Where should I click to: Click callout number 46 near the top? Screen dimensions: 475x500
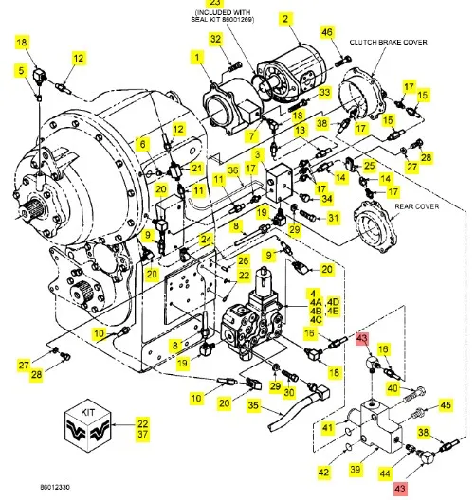tap(326, 32)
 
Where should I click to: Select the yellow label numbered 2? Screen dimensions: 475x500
tap(285, 18)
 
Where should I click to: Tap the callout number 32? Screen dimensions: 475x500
tap(216, 39)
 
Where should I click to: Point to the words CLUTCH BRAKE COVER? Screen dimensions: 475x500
tap(388, 42)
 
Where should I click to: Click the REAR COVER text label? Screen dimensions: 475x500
tap(417, 206)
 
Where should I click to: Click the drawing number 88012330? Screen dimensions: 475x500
tap(55, 487)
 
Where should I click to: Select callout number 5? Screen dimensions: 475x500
tap(21, 70)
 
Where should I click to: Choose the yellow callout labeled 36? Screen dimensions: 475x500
tap(233, 170)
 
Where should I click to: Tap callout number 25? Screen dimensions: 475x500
tap(370, 165)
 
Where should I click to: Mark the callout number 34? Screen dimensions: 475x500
tap(327, 199)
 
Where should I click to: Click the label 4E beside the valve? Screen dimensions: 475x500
tap(333, 311)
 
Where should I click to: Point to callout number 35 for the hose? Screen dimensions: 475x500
tap(253, 405)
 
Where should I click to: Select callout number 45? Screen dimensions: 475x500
tap(446, 405)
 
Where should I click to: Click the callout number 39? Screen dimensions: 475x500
tap(356, 469)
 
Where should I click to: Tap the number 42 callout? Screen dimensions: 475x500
tap(323, 472)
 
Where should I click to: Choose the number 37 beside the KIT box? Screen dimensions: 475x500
tap(143, 434)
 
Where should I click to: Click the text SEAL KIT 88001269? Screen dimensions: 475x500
tap(223, 19)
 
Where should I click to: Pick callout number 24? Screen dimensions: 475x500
tap(206, 240)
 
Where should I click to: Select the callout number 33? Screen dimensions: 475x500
tap(324, 93)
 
